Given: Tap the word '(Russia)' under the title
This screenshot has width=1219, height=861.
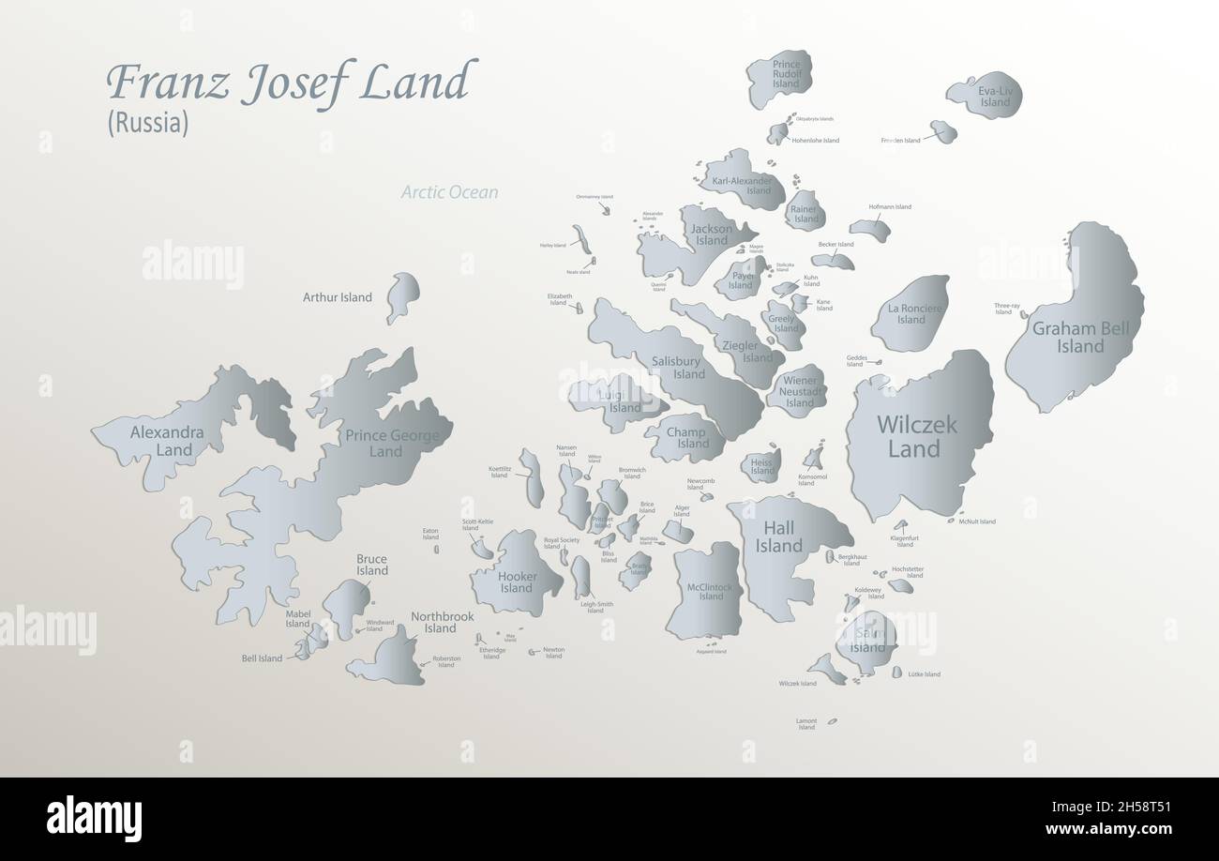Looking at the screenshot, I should (148, 123).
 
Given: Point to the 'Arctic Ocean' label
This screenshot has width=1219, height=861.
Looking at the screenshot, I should (449, 192).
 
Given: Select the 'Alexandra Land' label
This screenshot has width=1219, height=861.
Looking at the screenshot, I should (167, 441).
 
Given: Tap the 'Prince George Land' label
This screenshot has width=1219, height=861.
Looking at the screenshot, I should (385, 443).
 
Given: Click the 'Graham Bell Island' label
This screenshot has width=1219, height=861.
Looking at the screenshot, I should (1080, 338).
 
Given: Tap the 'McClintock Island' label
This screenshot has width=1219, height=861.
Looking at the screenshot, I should (711, 592).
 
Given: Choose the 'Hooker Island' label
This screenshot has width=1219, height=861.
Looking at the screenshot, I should (516, 582).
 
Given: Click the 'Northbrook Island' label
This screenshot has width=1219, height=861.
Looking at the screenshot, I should (441, 623).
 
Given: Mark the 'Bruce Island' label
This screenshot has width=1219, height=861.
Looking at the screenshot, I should (371, 565).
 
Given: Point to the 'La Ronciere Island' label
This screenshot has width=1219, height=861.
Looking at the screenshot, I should (910, 313).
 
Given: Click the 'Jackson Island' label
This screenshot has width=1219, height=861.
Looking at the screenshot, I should (712, 234).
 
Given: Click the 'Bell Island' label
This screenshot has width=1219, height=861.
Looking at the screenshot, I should (262, 658).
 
